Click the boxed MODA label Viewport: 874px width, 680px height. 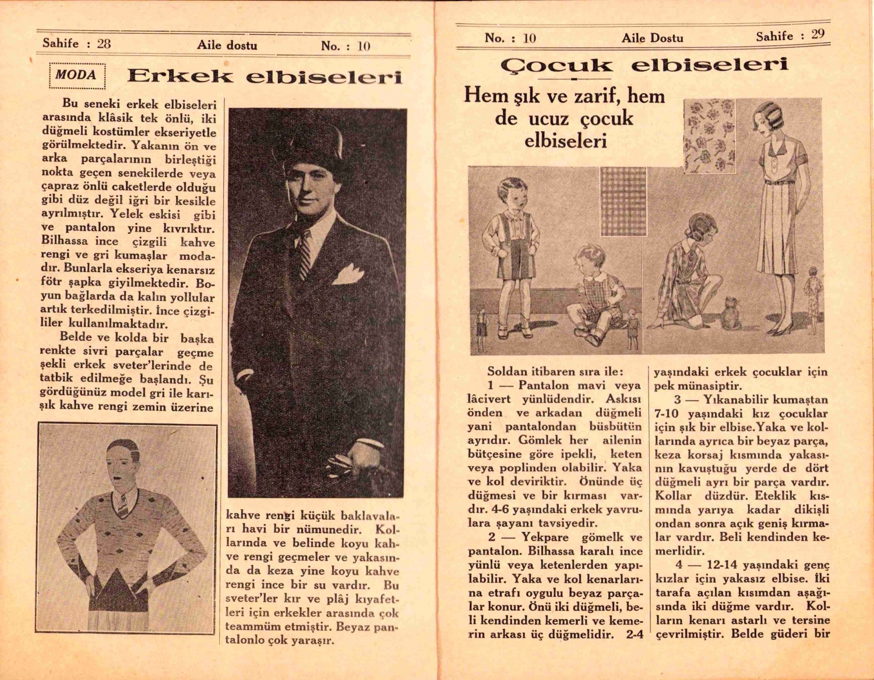[x=77, y=76]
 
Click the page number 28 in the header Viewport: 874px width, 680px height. [x=104, y=43]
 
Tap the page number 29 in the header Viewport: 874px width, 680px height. [x=818, y=34]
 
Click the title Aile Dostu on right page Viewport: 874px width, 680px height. [x=652, y=38]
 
